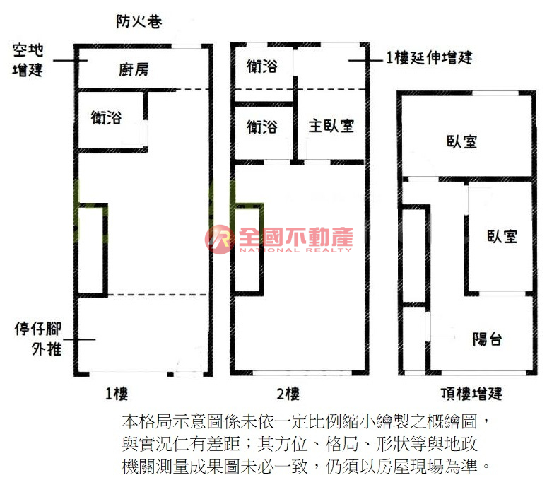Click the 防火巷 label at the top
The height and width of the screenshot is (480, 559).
pyautogui.click(x=139, y=22)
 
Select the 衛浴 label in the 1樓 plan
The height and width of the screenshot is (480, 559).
pyautogui.click(x=107, y=117)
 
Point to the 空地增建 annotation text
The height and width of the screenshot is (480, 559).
pyautogui.click(x=28, y=60)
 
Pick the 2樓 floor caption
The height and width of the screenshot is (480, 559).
pyautogui.click(x=289, y=393)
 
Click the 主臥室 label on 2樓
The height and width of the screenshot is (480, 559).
pyautogui.click(x=331, y=126)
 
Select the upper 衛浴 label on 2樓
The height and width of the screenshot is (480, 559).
pyautogui.click(x=262, y=66)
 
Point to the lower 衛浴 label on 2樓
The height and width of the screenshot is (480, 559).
pyautogui.click(x=262, y=127)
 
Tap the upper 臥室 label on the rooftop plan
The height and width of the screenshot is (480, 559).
pyautogui.click(x=461, y=141)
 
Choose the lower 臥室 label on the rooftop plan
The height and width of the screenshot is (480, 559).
pyautogui.click(x=502, y=236)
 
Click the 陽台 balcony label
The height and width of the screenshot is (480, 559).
pyautogui.click(x=488, y=339)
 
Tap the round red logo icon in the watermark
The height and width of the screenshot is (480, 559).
pyautogui.click(x=220, y=240)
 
